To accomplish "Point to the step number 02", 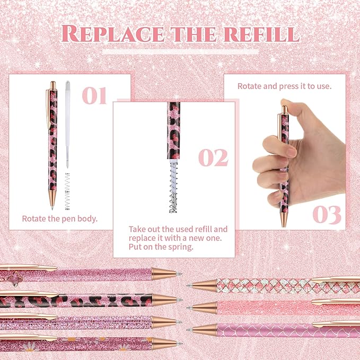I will coord(213,157).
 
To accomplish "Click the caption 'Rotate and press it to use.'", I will coord(284,86).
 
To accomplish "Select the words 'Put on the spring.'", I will coord(161,247).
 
